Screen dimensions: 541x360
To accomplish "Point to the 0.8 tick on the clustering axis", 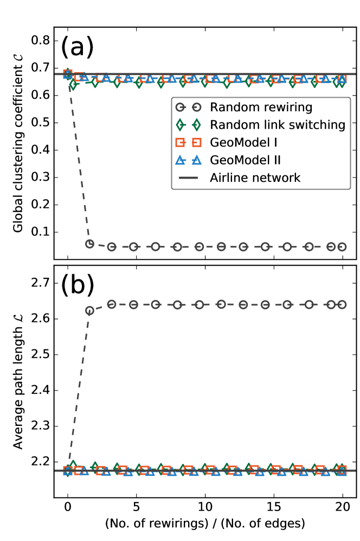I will [41, 41].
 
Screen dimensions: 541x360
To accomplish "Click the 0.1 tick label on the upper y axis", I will [41, 232].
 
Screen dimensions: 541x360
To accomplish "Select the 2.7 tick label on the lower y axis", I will [41, 283].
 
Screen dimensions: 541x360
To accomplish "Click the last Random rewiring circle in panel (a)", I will [342, 246].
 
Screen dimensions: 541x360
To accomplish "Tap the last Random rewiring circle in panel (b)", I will [342, 304].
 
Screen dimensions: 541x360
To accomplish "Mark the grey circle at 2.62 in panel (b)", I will [90, 311].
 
